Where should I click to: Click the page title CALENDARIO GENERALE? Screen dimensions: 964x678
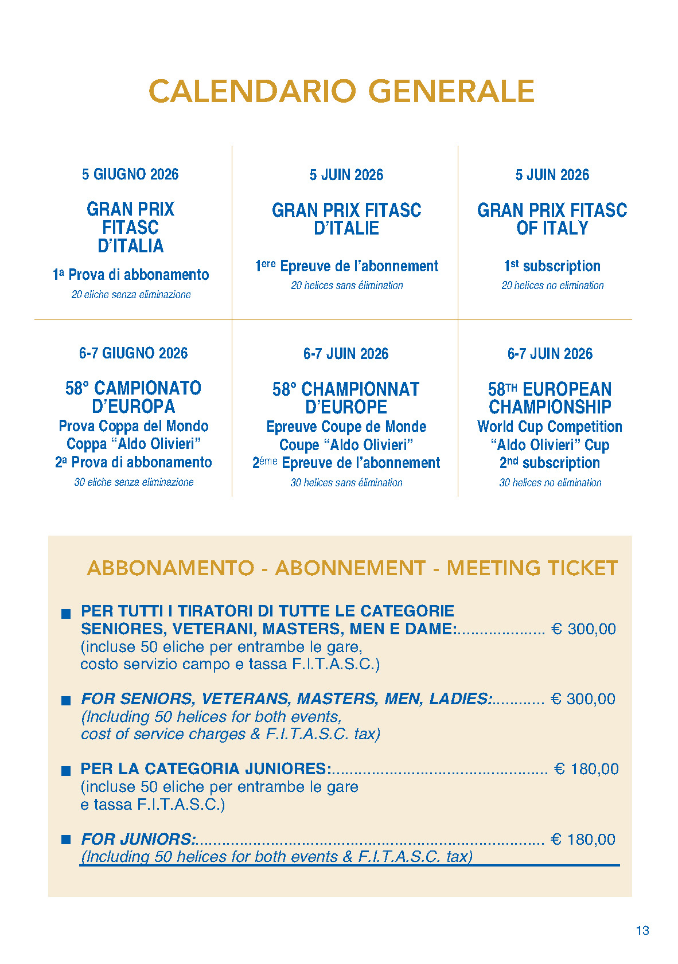click(x=341, y=92)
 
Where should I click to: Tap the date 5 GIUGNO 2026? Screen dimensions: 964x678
click(x=130, y=174)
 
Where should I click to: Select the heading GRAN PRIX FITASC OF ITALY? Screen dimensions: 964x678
click(x=552, y=219)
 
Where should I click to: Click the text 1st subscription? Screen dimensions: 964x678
click(x=552, y=266)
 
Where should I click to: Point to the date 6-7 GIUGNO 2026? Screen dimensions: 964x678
click(x=133, y=353)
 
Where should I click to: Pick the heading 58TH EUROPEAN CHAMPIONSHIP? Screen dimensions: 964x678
click(x=550, y=398)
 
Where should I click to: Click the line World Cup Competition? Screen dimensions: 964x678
click(x=550, y=427)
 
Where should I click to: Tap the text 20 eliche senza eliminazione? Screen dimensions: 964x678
click(x=131, y=295)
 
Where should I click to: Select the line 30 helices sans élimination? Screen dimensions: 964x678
click(x=346, y=483)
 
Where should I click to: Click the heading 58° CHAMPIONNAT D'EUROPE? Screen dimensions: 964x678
click(x=346, y=398)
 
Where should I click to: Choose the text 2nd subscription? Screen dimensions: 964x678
click(x=550, y=463)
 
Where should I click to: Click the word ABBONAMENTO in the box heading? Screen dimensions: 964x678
click(x=170, y=568)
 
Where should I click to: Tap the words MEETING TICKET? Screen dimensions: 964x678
click(x=532, y=568)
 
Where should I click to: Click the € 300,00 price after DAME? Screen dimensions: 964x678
click(x=583, y=629)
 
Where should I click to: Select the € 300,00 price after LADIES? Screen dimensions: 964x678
click(x=583, y=699)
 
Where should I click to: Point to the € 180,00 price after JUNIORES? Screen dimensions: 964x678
click(x=586, y=769)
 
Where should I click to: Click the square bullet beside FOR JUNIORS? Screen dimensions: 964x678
click(x=66, y=840)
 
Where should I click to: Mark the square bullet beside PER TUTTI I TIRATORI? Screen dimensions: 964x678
click(x=66, y=614)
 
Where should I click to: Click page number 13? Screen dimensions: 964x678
click(x=642, y=931)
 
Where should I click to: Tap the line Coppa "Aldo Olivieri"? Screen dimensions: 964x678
click(x=134, y=444)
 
